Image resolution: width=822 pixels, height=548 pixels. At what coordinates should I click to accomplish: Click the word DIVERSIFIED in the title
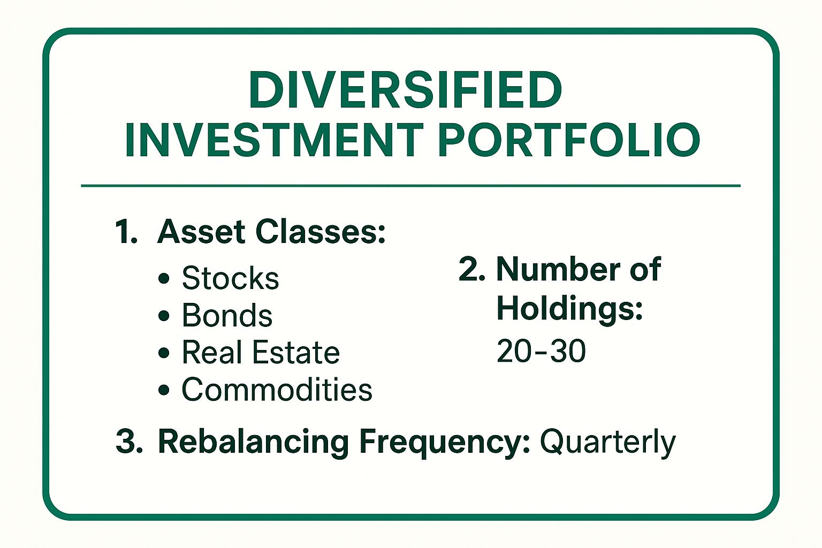(x=405, y=89)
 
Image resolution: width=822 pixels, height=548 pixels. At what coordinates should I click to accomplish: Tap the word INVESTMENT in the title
(x=274, y=140)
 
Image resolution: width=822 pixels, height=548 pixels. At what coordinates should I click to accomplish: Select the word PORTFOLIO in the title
(x=569, y=140)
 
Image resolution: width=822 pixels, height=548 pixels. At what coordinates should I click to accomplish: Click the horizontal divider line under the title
(x=410, y=186)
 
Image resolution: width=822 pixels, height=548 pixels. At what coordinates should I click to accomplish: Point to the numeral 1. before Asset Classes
(x=126, y=232)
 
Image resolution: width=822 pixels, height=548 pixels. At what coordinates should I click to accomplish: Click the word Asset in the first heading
(x=201, y=232)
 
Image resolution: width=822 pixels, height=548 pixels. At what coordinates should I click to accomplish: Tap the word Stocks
(x=230, y=278)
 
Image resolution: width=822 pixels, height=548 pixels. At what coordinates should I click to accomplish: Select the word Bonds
(x=227, y=315)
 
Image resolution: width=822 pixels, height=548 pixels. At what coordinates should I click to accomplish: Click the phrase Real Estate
(x=261, y=352)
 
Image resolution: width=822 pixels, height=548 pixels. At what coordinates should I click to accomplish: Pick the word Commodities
(x=277, y=389)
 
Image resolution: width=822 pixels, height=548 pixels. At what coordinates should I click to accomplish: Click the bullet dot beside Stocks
(x=164, y=279)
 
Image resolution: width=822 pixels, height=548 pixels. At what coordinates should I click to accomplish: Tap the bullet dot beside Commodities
(x=164, y=390)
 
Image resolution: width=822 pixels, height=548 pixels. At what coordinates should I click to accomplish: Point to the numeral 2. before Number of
(x=471, y=269)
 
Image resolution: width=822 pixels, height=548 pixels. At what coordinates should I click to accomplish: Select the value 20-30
(x=541, y=351)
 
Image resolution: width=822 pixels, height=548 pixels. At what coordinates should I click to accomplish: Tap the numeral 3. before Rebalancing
(x=129, y=442)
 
